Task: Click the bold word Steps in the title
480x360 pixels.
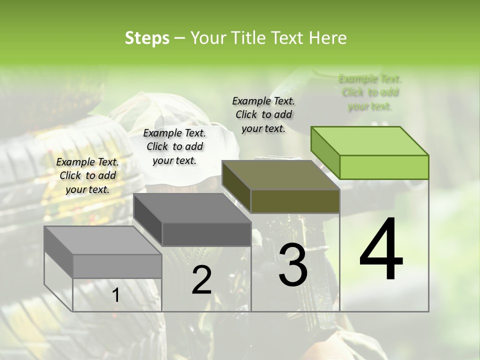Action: click(147, 38)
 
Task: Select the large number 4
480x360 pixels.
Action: click(381, 250)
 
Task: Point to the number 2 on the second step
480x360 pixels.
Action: click(201, 280)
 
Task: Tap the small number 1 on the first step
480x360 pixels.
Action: click(115, 295)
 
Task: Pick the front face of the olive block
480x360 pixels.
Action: click(295, 201)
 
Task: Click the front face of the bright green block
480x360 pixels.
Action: click(384, 167)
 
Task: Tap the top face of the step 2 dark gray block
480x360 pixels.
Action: click(192, 208)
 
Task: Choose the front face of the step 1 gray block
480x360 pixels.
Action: click(117, 266)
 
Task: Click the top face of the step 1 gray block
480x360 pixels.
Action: click(102, 240)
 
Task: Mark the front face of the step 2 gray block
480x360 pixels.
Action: click(206, 234)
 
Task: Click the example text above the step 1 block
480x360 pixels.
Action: click(87, 175)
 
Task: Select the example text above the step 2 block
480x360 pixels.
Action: click(174, 146)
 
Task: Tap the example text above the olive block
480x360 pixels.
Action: click(263, 114)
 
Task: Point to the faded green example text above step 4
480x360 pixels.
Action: click(370, 92)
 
